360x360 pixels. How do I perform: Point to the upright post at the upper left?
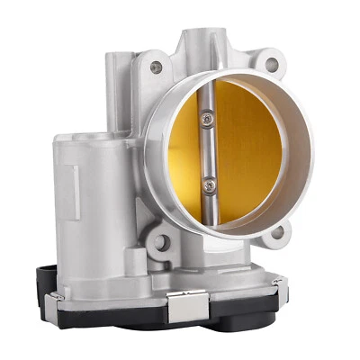pos(116,90)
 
